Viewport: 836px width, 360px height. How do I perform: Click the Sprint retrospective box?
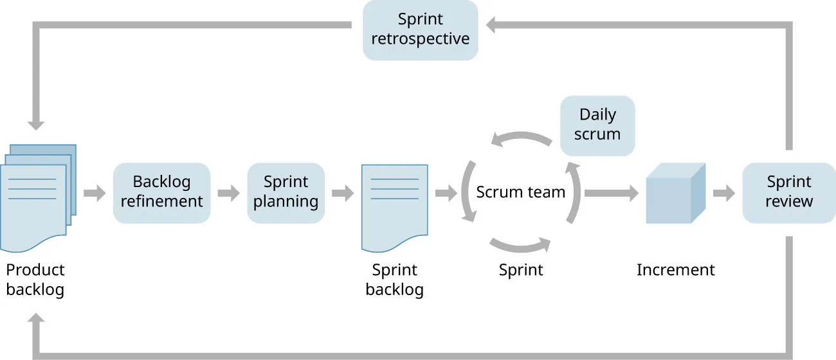coord(420,30)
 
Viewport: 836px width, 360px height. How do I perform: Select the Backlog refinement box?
coord(161,192)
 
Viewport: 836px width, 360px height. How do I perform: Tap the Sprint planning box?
coord(286,192)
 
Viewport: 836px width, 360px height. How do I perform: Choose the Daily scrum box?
coord(597,125)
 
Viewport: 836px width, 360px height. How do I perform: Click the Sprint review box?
coord(789,192)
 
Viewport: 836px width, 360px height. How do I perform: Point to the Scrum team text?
coord(520,192)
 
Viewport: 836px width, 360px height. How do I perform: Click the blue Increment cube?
coord(675,194)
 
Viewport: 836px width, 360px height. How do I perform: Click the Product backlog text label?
coord(35,280)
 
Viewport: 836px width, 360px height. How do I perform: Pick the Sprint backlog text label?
coord(394,280)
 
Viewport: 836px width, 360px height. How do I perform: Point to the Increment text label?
coord(675,270)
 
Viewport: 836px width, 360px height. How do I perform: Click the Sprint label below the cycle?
coord(521,270)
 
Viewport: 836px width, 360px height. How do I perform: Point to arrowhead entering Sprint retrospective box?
coord(492,26)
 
